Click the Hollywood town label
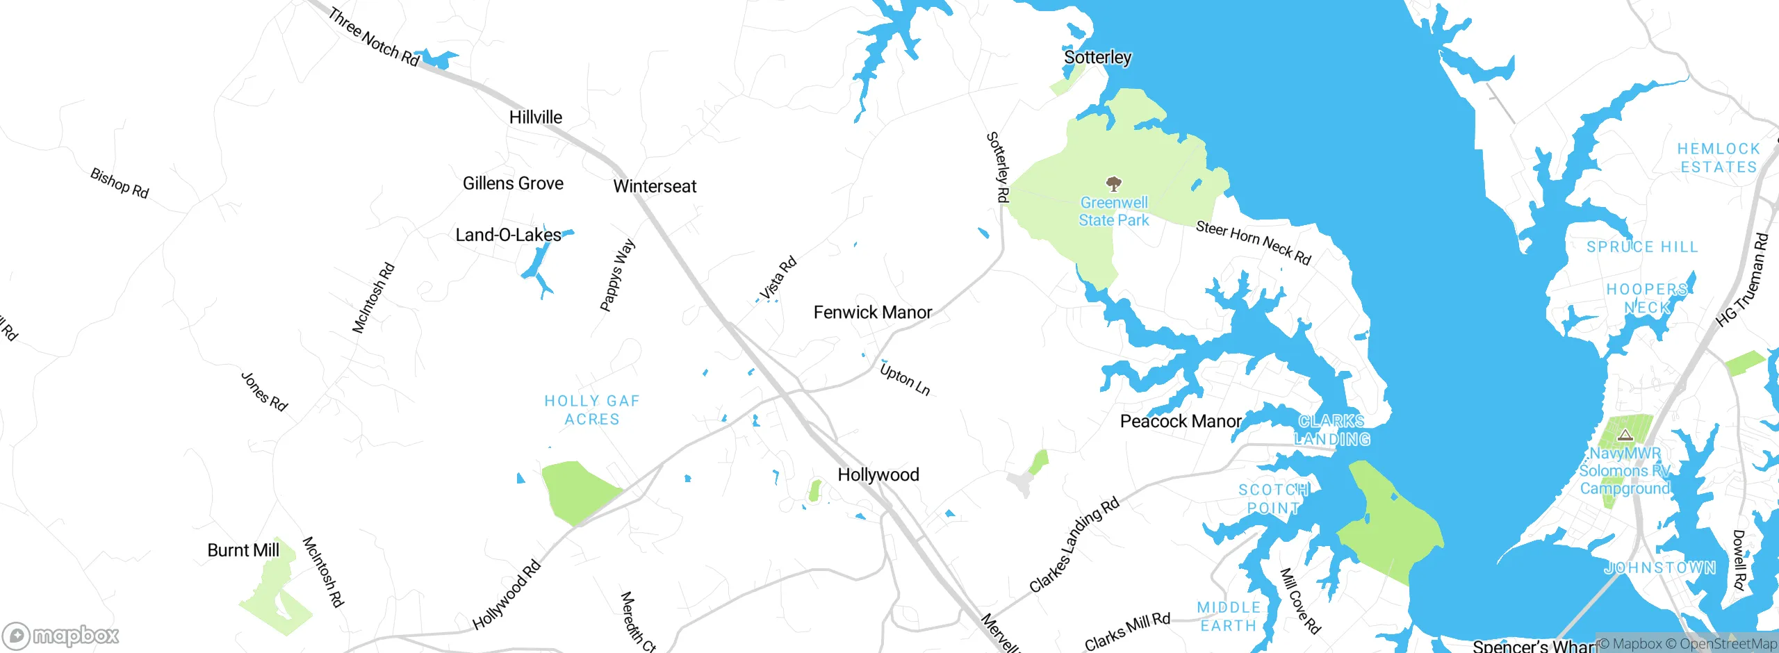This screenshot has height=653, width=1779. tap(878, 475)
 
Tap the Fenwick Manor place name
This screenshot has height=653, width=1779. tap(872, 313)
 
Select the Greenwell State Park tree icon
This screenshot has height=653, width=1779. tap(1114, 184)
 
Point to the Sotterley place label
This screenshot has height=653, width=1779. tap(1097, 57)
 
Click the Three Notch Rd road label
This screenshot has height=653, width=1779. tap(374, 38)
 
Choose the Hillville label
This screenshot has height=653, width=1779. tap(535, 117)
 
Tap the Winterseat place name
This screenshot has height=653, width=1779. tap(655, 186)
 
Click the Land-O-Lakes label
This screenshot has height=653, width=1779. tap(508, 235)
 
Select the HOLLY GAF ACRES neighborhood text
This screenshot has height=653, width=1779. tap(591, 410)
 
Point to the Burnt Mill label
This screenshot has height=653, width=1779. tap(243, 551)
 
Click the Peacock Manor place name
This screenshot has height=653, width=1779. tap(1180, 422)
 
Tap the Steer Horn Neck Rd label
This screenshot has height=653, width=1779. tap(1253, 242)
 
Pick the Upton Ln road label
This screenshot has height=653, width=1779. tap(905, 379)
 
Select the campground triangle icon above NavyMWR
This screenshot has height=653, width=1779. tap(1625, 436)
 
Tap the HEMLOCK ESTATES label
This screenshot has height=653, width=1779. tap(1719, 158)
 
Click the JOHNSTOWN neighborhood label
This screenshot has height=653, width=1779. tap(1659, 568)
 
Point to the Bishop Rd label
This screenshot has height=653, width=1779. tap(120, 183)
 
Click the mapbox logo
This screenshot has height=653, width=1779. tap(61, 635)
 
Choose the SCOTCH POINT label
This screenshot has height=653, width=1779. tap(1273, 499)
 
